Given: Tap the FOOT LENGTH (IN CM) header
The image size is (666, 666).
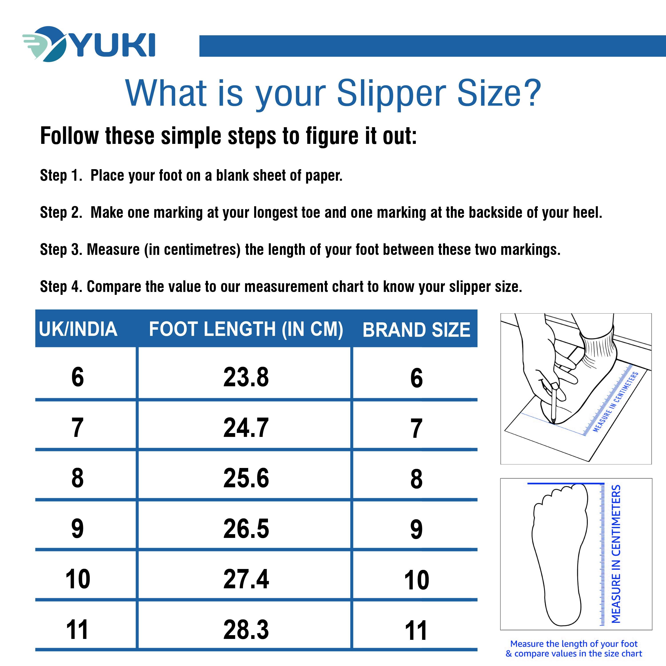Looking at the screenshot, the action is (246, 329).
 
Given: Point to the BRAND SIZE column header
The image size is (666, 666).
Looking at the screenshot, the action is (416, 330).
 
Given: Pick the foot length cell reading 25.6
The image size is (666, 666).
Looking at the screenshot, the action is (246, 478).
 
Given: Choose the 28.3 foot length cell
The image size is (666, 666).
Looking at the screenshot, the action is (246, 629).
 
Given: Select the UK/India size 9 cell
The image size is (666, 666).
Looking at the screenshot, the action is (77, 528).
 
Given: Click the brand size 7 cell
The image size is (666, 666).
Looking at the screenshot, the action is (416, 428).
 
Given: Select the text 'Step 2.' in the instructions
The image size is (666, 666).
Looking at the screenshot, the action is (61, 212).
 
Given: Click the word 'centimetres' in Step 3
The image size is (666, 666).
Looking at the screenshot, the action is (202, 250).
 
